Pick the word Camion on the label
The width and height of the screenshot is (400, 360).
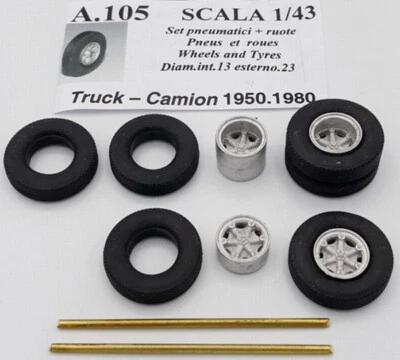187,100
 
